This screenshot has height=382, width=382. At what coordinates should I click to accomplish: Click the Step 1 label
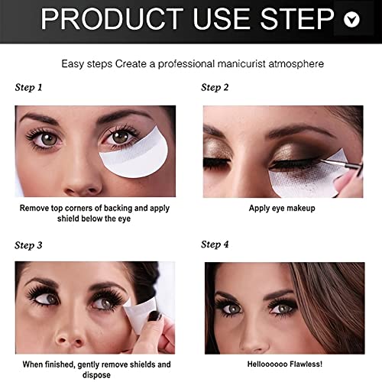(x=29, y=88)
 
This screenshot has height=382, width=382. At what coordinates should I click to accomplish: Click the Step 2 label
(x=215, y=88)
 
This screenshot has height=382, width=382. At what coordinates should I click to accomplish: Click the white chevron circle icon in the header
(x=351, y=20)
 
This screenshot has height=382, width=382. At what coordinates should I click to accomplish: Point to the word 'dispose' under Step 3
(x=95, y=375)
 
